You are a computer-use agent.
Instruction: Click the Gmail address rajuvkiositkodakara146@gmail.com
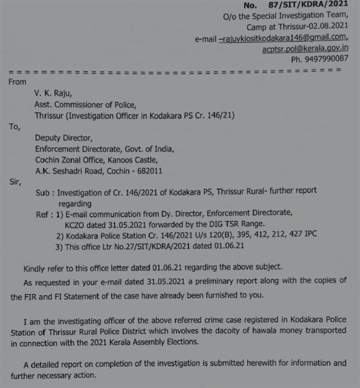284,38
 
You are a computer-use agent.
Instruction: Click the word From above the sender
18,82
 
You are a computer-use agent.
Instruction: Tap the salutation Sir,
15,180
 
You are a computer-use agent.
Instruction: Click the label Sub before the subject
42,191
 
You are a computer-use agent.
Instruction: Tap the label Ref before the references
41,213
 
